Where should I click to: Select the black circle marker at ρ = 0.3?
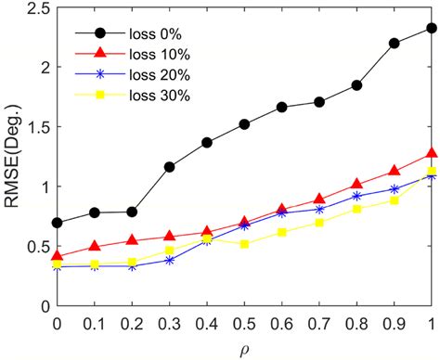pos(169,167)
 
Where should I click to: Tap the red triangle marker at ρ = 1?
pos(432,153)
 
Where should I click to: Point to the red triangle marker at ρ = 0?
pos(57,255)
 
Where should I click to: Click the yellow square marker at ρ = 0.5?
pos(244,244)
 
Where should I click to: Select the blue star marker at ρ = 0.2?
pos(132,266)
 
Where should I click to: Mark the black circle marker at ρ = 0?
pos(57,223)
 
